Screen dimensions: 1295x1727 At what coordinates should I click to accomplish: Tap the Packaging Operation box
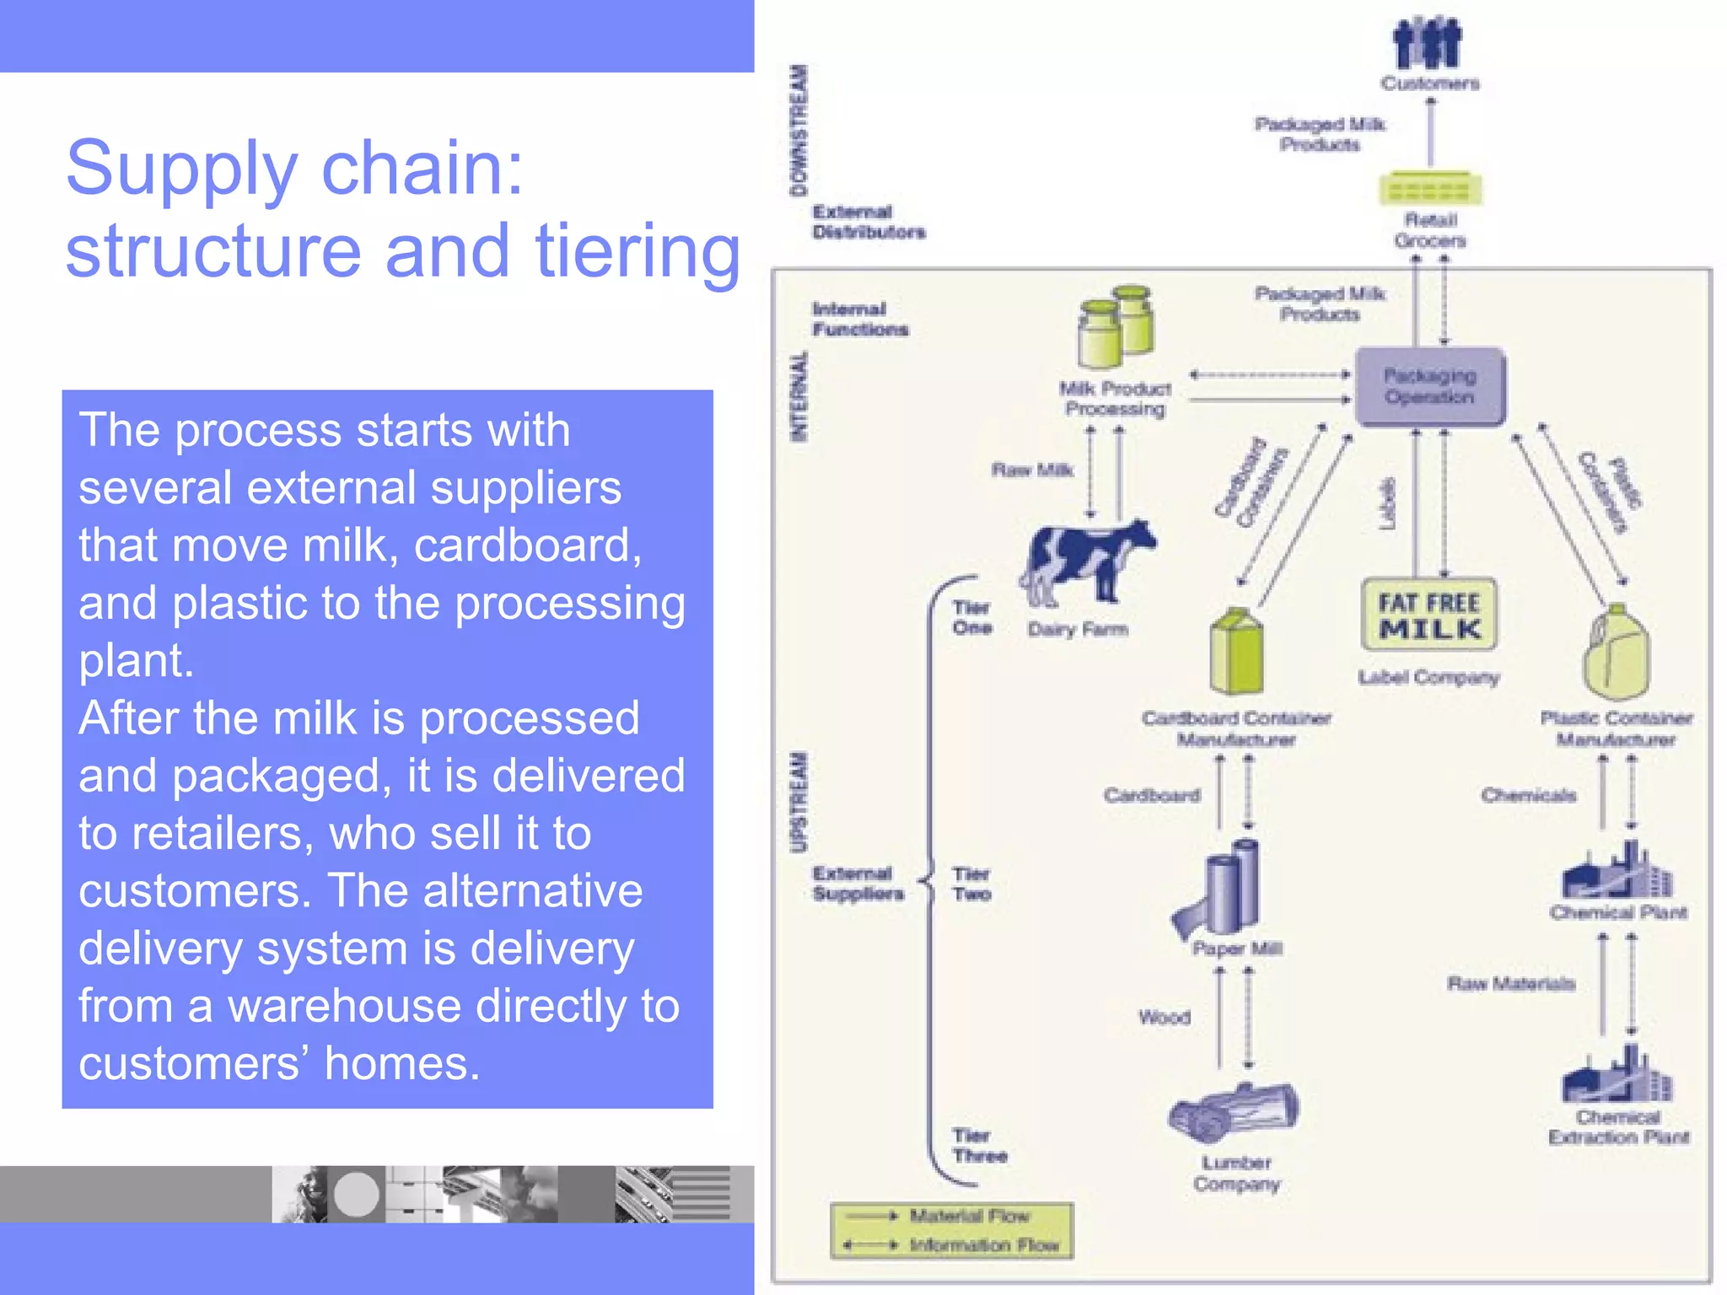click(1429, 386)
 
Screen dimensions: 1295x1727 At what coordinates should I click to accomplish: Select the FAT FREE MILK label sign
click(1429, 615)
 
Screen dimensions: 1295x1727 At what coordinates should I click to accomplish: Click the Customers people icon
click(1428, 44)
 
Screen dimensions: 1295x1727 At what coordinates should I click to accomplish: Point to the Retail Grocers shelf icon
click(1429, 188)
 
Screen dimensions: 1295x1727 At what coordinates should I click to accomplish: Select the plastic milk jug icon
click(1616, 653)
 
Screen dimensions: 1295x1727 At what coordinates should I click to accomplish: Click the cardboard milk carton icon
click(1236, 652)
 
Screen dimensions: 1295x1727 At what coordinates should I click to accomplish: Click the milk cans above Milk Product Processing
click(1115, 326)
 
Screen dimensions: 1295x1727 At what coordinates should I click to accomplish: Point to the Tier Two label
click(971, 884)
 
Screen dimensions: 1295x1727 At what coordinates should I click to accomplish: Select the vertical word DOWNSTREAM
click(798, 131)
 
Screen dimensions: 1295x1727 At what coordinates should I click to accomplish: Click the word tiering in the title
click(638, 251)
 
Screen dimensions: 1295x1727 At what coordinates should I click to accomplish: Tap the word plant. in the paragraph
click(136, 660)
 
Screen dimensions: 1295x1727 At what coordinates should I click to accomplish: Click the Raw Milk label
click(1032, 470)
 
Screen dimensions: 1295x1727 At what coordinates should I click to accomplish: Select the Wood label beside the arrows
click(1164, 1018)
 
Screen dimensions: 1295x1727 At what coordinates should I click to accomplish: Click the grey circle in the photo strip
click(356, 1194)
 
